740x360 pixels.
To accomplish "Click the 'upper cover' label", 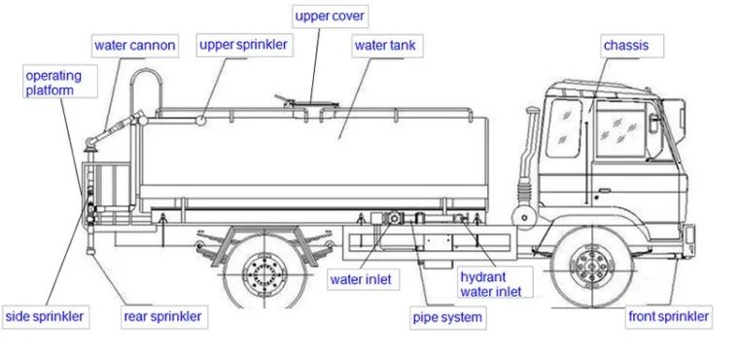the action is coord(330,17).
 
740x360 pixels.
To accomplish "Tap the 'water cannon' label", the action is coord(135,46).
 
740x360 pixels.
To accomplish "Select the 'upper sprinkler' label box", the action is coord(243,46).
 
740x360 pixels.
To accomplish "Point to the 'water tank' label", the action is coord(385,46).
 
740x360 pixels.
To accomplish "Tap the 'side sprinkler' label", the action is coord(45,316).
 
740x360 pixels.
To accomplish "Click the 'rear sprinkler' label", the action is coord(162,316).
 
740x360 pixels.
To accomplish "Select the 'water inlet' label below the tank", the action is coord(361,279).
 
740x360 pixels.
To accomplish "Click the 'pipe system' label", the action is coord(448,317).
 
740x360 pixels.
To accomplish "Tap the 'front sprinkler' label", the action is coord(669,316).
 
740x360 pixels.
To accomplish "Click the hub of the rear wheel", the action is coord(264,272).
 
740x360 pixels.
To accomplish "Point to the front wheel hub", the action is coord(591,267).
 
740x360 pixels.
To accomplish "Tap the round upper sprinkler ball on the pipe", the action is coord(201,121).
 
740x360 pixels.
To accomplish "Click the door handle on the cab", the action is coord(605,191).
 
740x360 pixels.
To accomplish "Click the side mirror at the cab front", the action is coord(653,124).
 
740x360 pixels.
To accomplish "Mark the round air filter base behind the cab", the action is coord(524,217).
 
